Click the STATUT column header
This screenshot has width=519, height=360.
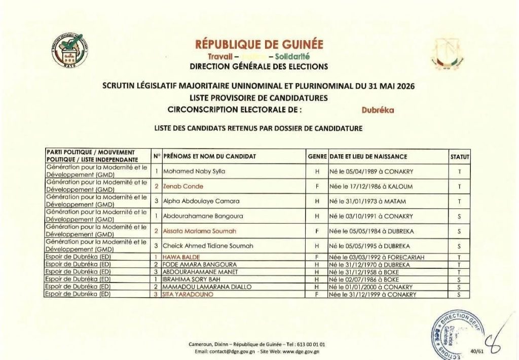coord(460,157)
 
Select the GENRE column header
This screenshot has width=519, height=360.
coord(317,157)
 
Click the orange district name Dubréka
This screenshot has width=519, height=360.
coord(378,109)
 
